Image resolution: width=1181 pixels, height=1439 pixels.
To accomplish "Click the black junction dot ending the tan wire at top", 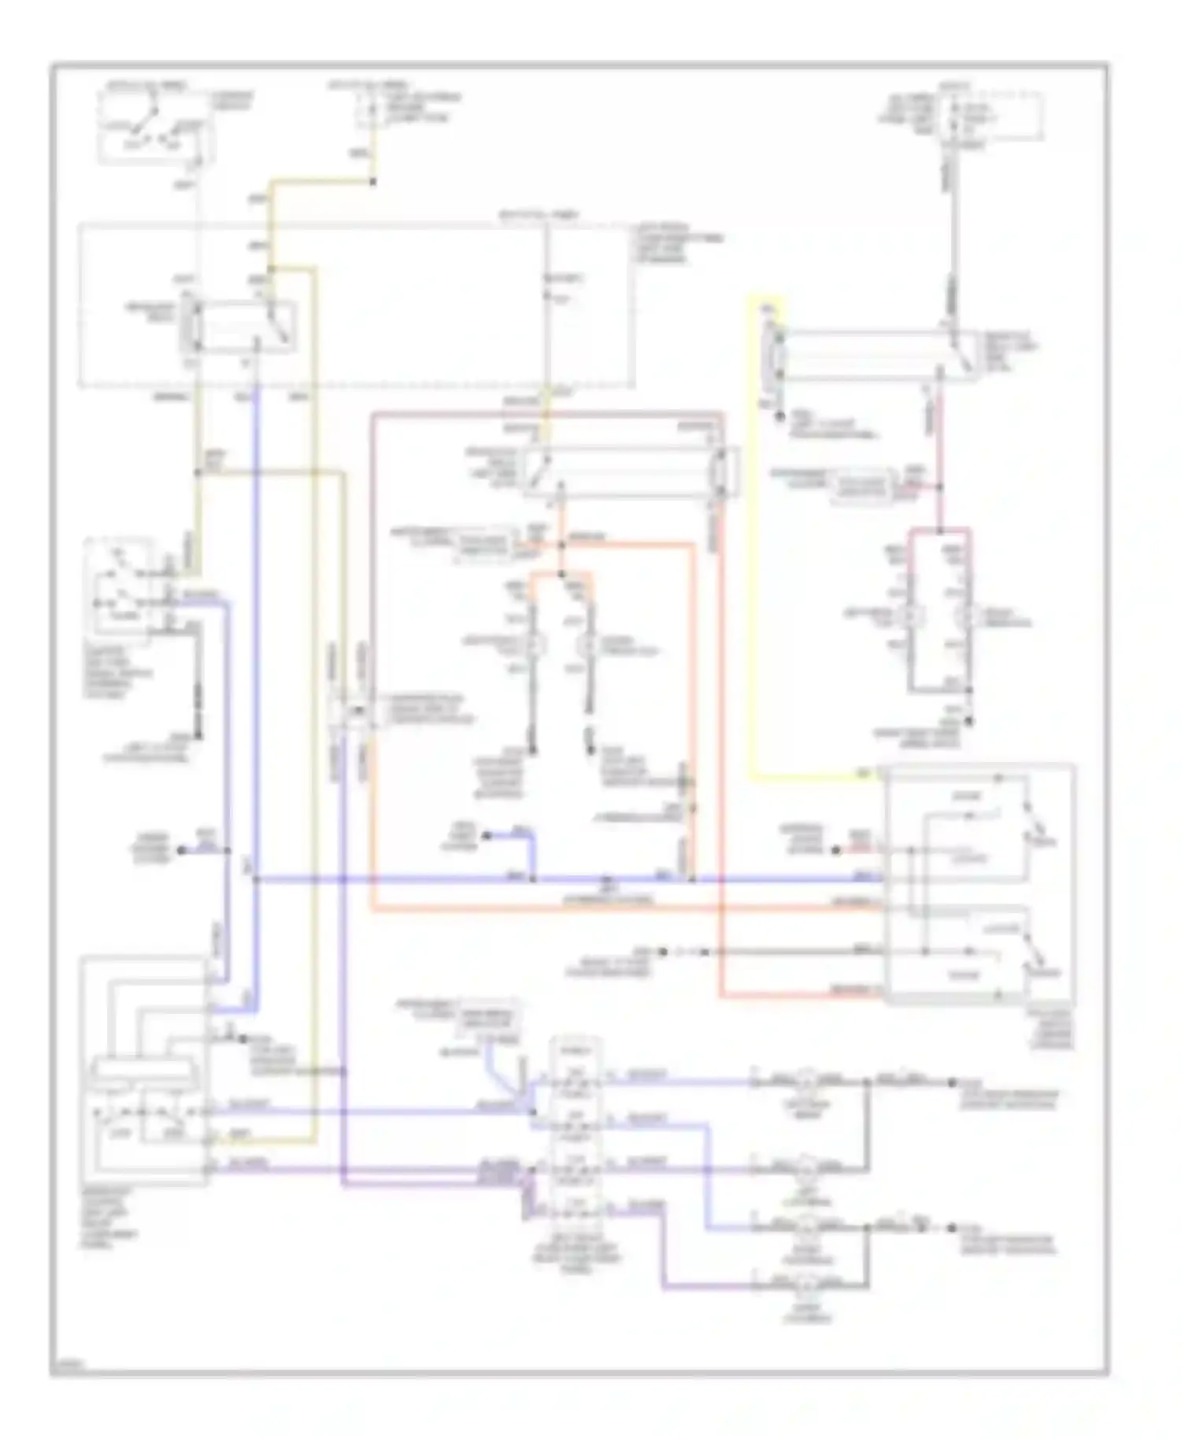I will [x=372, y=183].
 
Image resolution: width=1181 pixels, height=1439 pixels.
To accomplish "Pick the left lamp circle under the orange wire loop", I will [x=536, y=646].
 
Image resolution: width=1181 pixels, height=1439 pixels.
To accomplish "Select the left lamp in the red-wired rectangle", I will [x=913, y=616].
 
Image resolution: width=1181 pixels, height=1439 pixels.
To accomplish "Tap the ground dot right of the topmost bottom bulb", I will [x=951, y=1082].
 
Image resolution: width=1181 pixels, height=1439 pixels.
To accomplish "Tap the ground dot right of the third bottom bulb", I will [x=951, y=1226].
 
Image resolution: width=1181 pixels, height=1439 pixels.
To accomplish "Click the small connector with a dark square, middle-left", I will [x=354, y=711].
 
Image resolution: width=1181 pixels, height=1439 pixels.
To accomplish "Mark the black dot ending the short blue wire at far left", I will [x=182, y=850].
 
